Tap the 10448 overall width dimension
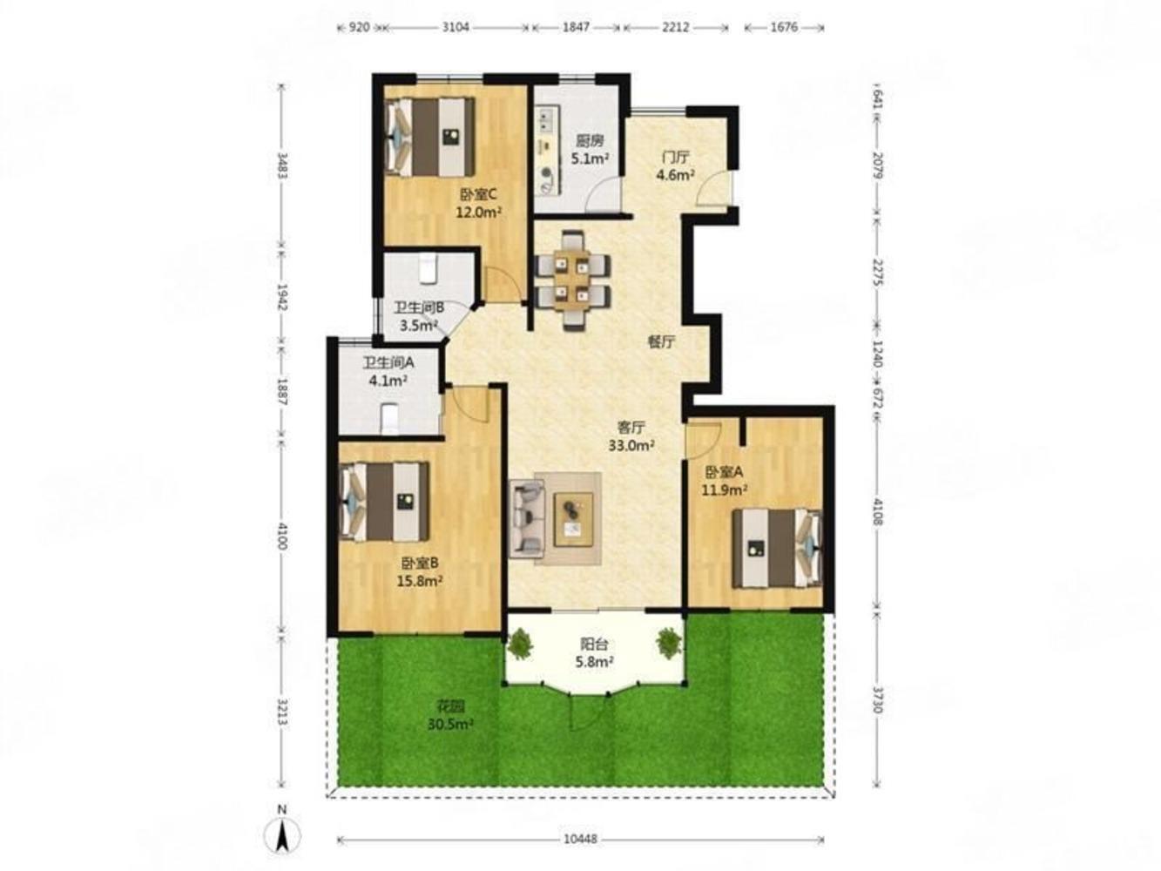[580, 839]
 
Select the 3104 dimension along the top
[456, 27]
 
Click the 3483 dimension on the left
[283, 165]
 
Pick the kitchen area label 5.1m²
[590, 159]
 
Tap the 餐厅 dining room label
[661, 342]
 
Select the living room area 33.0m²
[631, 445]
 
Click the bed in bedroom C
[429, 137]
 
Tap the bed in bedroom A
[778, 548]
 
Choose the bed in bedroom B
[384, 502]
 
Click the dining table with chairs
[571, 280]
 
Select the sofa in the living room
[527, 519]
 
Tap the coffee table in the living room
[573, 519]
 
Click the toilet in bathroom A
[390, 419]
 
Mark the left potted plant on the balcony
[521, 643]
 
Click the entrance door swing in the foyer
[713, 188]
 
